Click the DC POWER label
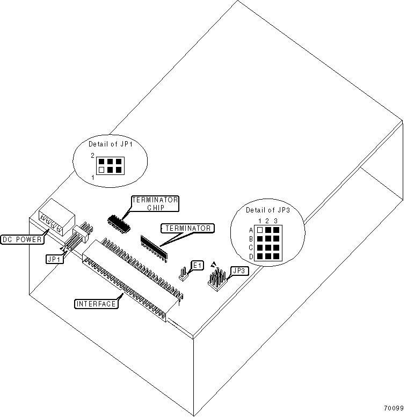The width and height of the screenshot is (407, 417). [21, 239]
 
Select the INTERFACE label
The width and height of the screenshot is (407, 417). [96, 304]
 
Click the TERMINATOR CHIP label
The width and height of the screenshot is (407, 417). [155, 203]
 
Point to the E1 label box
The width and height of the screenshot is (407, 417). [198, 265]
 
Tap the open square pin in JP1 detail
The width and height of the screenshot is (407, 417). [101, 170]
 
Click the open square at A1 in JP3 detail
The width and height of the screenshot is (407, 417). [260, 230]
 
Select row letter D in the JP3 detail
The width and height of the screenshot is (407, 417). [250, 257]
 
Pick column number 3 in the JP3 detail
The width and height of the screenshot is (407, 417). [276, 221]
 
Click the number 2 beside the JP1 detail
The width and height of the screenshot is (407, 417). [92, 155]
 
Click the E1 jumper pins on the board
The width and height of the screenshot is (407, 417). [183, 275]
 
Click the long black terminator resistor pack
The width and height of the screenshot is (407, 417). [154, 242]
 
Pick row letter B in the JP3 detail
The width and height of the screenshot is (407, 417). [250, 239]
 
